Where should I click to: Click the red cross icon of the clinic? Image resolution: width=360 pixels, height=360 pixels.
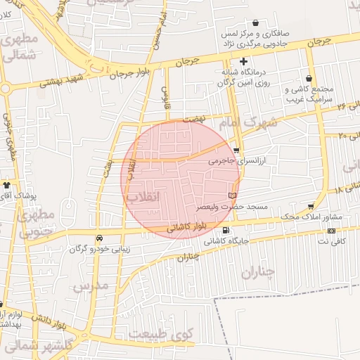click(243, 61)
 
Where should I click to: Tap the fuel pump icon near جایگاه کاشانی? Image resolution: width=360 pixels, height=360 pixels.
click(225, 230)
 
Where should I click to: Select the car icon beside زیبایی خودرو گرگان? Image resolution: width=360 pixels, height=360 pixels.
click(99, 238)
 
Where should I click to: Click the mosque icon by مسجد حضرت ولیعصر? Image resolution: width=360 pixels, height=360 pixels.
click(233, 194)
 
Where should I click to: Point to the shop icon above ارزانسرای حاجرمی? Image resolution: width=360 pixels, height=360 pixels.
click(236, 150)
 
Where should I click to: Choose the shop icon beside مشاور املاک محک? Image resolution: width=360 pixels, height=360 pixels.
click(311, 207)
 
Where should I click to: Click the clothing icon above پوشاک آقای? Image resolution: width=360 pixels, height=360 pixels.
click(7, 185)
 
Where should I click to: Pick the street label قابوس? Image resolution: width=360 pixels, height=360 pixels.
click(166, 92)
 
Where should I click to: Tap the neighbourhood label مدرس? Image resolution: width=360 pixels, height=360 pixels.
click(90, 285)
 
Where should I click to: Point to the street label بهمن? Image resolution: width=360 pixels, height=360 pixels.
click(107, 165)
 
